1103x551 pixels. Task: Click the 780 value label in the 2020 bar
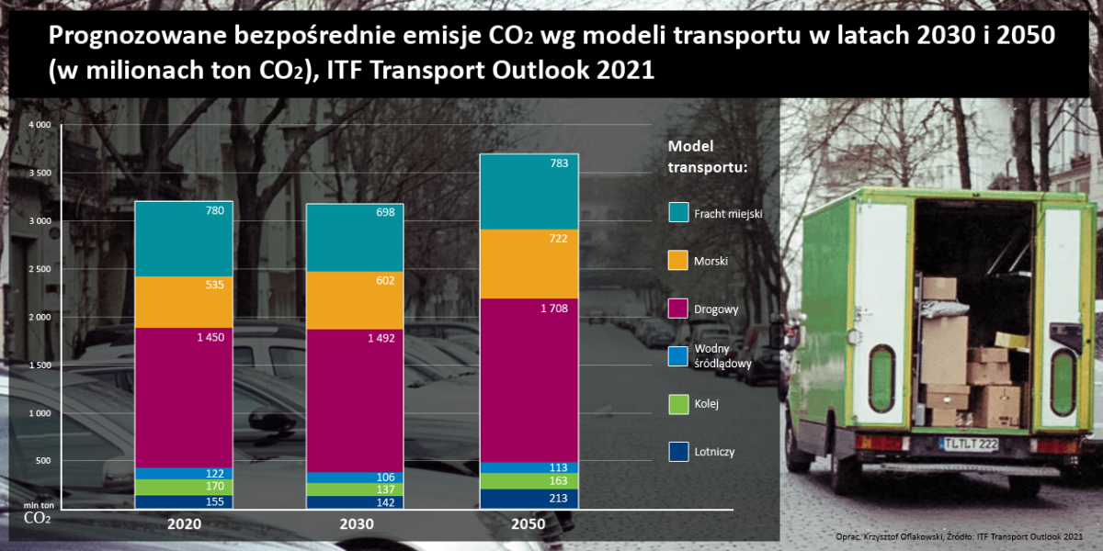(216, 211)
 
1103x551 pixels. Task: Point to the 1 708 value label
(553, 309)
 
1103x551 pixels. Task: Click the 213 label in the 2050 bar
(559, 499)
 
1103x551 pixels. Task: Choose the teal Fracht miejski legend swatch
(678, 213)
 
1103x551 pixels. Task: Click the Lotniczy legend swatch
(678, 451)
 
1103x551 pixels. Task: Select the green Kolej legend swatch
(678, 403)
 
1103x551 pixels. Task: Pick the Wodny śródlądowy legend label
(723, 356)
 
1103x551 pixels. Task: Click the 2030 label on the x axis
(354, 524)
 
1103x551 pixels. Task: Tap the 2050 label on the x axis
(528, 524)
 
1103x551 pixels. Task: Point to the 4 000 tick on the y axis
(40, 125)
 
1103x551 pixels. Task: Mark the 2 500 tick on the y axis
(40, 269)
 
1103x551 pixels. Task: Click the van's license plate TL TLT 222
(969, 444)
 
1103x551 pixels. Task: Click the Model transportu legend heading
(707, 157)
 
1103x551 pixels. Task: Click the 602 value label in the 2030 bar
(385, 281)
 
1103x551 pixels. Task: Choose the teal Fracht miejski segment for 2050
(528, 191)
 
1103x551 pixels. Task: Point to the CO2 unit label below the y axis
(37, 518)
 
